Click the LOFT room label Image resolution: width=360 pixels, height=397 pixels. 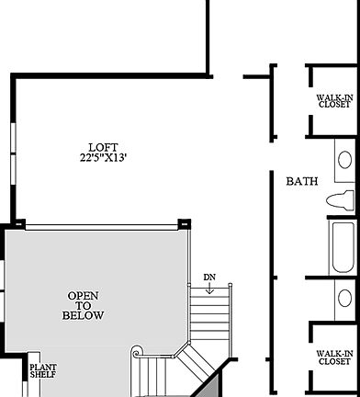point(103,147)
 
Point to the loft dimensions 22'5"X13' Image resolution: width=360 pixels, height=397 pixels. point(103,157)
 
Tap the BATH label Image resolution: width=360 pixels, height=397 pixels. point(302,181)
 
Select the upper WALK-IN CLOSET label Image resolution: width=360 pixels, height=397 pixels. point(333,99)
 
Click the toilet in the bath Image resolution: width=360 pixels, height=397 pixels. point(343,200)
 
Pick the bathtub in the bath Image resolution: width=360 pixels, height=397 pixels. point(343,246)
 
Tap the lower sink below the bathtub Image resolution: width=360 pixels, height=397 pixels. point(345,298)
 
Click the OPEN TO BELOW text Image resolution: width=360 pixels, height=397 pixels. point(84,306)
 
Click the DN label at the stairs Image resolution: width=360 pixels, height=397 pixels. point(209,277)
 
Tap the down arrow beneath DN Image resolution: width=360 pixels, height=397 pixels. point(209,289)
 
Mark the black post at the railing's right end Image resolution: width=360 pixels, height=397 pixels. point(184,223)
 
